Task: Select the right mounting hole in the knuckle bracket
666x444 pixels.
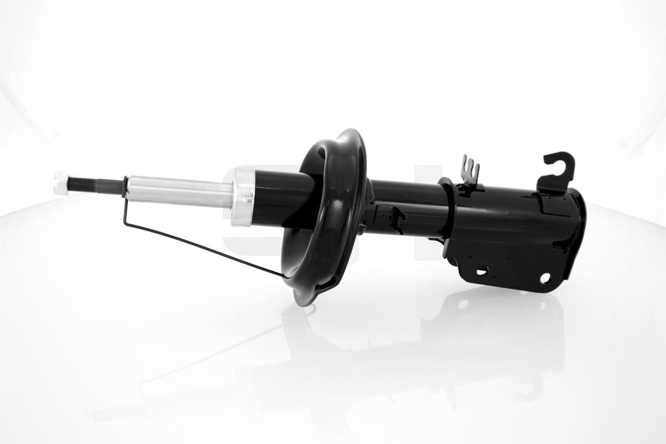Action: coord(546,277)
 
